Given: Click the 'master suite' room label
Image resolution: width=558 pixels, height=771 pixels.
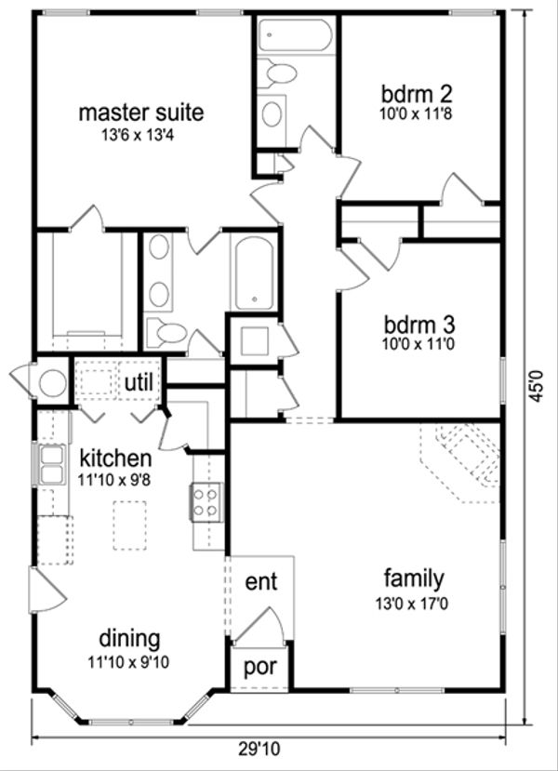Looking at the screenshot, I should click(141, 113).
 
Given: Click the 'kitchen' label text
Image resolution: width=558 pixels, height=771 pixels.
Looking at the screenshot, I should click(114, 459).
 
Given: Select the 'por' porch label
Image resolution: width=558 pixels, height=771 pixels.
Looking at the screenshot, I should click(261, 669).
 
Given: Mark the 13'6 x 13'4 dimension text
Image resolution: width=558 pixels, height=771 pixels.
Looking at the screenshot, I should click(141, 134).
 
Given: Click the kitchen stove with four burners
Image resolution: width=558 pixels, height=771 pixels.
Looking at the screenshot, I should click(206, 502).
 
